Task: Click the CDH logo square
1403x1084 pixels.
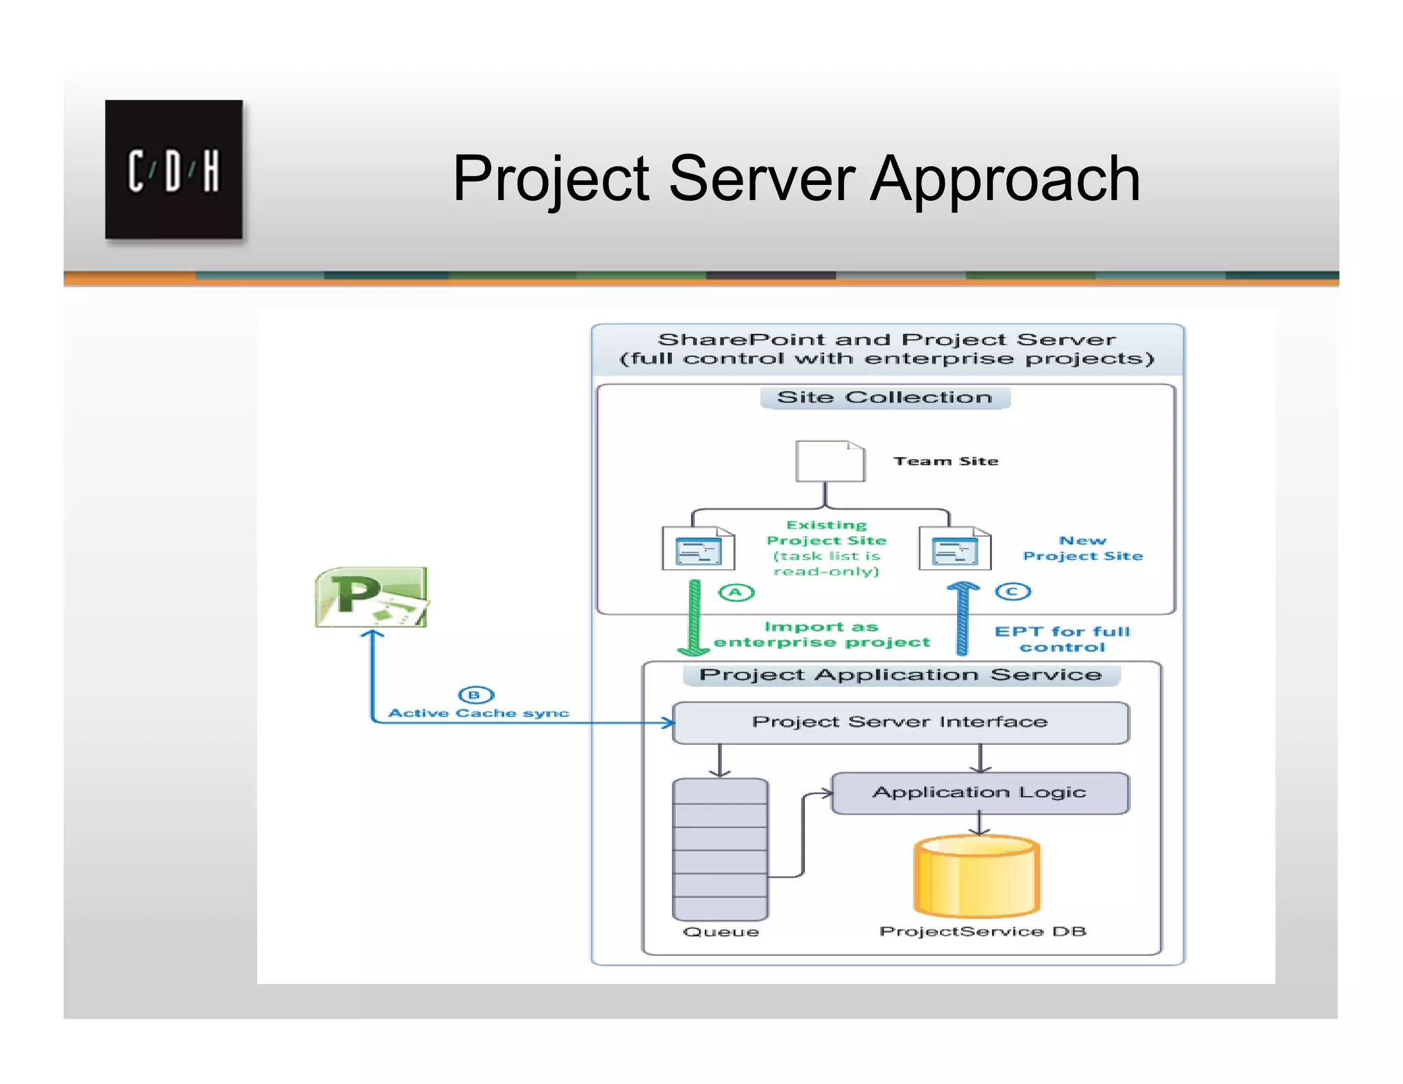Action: [x=173, y=169]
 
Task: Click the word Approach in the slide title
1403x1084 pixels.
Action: [x=1005, y=180]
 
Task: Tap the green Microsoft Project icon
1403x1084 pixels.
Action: [x=371, y=597]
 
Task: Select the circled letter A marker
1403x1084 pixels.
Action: [x=736, y=593]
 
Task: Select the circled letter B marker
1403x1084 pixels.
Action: [x=476, y=695]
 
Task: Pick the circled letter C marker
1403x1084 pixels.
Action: [x=1013, y=591]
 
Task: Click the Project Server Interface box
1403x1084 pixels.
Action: [x=900, y=722]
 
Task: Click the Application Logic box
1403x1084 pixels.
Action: [x=980, y=793]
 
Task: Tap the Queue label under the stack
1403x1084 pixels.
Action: [x=721, y=932]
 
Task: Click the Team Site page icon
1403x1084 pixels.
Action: [x=830, y=461]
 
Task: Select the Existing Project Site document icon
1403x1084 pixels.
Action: [x=698, y=548]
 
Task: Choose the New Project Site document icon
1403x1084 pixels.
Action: [x=954, y=548]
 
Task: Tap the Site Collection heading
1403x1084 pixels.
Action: [x=884, y=397]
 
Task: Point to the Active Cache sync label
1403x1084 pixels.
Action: [x=479, y=713]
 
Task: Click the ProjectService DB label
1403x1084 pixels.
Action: [x=982, y=932]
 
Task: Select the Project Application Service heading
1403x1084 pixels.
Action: [x=900, y=675]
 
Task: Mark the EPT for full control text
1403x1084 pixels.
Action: [x=1062, y=639]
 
